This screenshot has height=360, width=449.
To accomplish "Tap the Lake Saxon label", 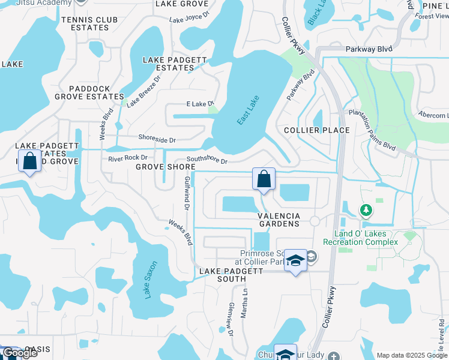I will (x=150, y=280).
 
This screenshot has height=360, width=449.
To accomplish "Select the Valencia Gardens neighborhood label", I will (x=279, y=220).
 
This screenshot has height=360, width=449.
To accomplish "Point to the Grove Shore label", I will (x=165, y=167).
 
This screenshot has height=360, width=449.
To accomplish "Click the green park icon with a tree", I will (x=366, y=210).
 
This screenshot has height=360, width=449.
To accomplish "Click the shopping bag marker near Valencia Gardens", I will (x=264, y=179).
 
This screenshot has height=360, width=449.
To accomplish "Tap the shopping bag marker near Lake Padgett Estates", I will (x=29, y=161).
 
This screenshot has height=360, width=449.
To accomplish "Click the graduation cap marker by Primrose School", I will (x=295, y=260).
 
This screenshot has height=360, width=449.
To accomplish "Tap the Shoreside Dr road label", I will (x=157, y=140).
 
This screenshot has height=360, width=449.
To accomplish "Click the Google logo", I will (x=20, y=353).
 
